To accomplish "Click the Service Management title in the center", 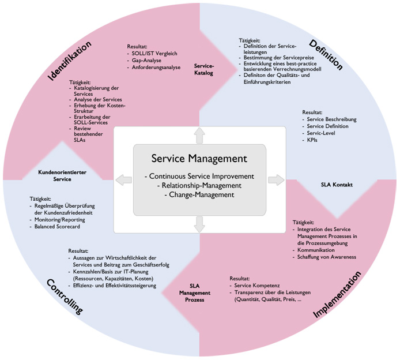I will point(199,158).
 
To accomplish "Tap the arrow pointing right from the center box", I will point(277,180).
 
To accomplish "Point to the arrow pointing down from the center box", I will point(199,224).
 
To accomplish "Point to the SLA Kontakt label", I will point(336,185).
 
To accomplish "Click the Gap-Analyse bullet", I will point(147,60).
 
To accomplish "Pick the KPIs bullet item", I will point(313,140).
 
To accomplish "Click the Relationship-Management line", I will point(199,185).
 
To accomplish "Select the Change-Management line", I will point(199,195).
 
